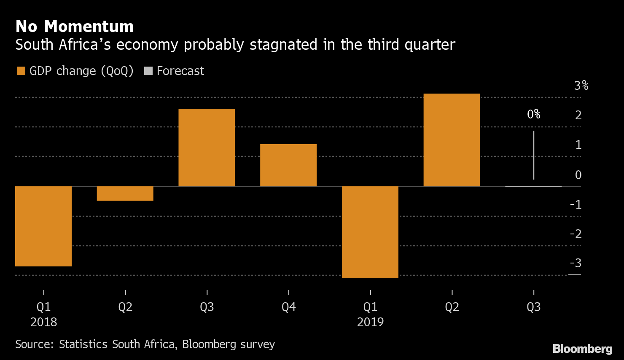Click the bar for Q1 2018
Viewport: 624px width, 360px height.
(x=43, y=226)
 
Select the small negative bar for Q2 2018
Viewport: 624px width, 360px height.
(x=125, y=193)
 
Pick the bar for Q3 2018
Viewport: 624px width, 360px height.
(x=207, y=148)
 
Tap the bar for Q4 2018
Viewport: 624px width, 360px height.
(x=288, y=165)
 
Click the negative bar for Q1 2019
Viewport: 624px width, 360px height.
(x=370, y=232)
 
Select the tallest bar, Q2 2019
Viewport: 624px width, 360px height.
(x=452, y=140)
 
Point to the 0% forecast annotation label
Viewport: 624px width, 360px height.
(x=534, y=114)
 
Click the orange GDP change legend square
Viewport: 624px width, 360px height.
(x=21, y=71)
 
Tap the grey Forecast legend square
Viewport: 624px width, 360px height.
(x=148, y=71)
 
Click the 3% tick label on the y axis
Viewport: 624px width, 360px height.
(x=581, y=86)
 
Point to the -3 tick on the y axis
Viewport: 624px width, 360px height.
(x=576, y=263)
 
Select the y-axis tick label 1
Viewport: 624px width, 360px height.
(x=578, y=145)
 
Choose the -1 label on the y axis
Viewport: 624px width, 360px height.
(x=576, y=204)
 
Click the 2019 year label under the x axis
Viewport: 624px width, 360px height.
(x=370, y=322)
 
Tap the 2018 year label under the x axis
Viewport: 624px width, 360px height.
(x=43, y=322)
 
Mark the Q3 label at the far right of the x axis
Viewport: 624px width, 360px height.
(x=533, y=307)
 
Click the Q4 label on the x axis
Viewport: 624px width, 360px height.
(x=288, y=307)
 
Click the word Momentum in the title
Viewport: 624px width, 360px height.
(x=89, y=27)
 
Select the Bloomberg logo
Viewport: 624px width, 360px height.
(x=582, y=349)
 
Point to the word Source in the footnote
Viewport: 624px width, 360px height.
(x=34, y=344)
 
